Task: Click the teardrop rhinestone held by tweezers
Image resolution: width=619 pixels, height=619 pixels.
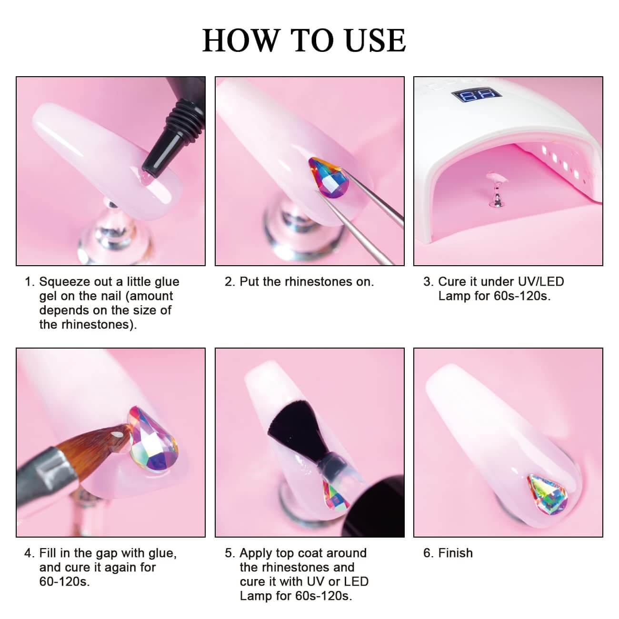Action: (x=325, y=177)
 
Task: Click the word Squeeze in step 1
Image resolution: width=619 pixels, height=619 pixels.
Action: (x=65, y=282)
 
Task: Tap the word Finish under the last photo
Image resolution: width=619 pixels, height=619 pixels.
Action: (x=456, y=553)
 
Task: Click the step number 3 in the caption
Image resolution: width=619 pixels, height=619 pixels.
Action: (x=429, y=282)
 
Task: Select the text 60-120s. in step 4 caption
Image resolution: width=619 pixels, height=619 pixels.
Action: (x=64, y=582)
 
